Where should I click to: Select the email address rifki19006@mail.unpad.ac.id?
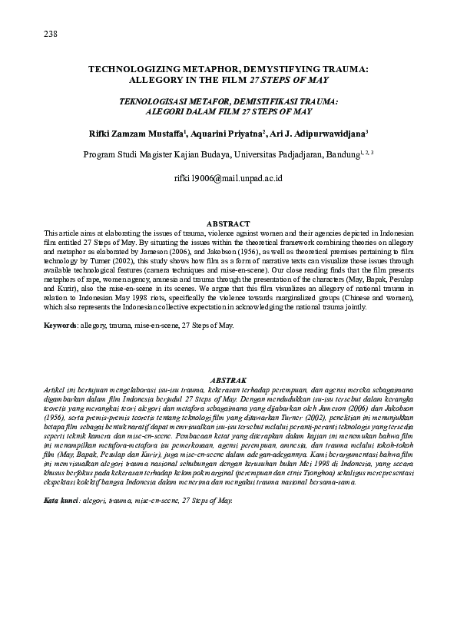click(x=229, y=178)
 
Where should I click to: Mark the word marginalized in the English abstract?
click(x=296, y=298)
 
